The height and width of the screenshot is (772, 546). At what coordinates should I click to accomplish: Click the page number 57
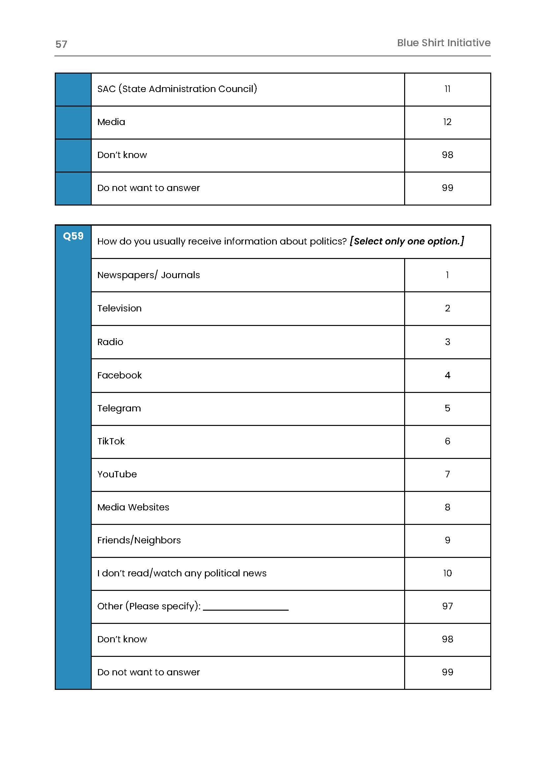click(61, 44)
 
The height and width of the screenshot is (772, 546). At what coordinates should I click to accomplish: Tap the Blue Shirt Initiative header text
click(443, 43)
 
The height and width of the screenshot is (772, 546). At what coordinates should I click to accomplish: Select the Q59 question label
click(73, 236)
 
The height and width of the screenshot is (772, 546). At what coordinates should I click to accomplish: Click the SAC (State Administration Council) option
click(177, 89)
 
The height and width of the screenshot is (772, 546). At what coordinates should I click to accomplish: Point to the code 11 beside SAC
click(447, 89)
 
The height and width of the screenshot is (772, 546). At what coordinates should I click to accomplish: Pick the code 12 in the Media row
click(447, 122)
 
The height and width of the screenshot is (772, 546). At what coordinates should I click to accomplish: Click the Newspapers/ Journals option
click(148, 275)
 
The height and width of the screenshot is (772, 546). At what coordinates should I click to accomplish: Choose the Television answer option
click(119, 308)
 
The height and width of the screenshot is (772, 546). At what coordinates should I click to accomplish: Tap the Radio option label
click(110, 342)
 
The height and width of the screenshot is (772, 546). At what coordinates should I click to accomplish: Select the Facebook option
click(119, 375)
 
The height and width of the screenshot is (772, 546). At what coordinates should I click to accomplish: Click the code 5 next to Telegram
click(447, 408)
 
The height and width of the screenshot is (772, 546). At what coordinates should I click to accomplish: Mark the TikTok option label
click(111, 441)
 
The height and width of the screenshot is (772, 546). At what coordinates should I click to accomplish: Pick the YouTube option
click(117, 474)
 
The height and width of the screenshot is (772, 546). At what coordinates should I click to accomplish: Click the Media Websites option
click(133, 507)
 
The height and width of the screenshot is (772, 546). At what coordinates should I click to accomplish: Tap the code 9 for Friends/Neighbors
click(447, 540)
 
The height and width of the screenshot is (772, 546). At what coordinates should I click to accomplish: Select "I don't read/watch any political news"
click(181, 573)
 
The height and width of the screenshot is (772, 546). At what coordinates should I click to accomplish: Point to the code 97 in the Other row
click(447, 606)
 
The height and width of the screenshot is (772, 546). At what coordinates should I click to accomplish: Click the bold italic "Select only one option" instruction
click(407, 241)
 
